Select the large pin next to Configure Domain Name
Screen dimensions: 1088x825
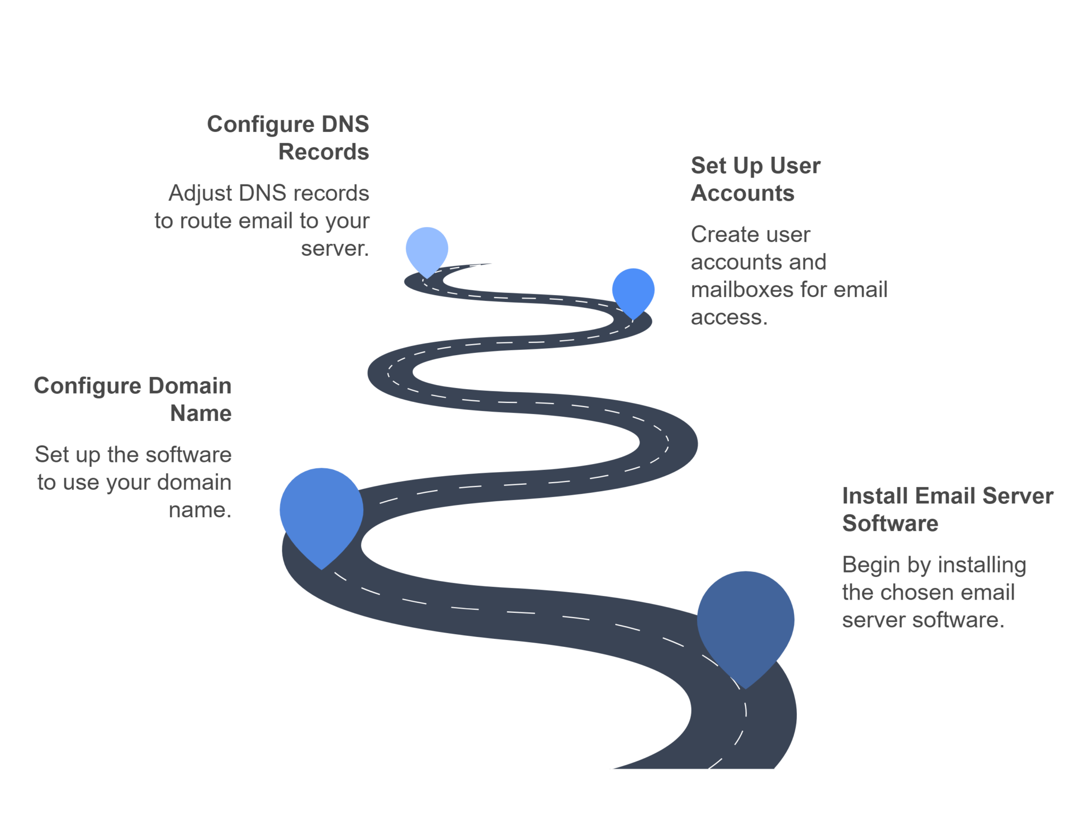point(321,516)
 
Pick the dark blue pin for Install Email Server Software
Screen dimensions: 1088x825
point(745,627)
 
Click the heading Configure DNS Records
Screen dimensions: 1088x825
point(288,138)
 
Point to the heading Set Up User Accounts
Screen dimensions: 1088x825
point(755,179)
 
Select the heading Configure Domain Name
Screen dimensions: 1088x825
point(133,399)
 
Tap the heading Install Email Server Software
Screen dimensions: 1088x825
point(948,509)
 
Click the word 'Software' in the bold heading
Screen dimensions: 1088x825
point(890,523)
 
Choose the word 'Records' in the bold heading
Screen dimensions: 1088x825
point(324,151)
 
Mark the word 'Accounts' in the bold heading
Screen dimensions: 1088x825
point(743,193)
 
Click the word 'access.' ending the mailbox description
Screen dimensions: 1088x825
point(729,317)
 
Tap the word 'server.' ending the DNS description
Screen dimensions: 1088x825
point(335,249)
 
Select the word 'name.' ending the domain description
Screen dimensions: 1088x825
point(200,510)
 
